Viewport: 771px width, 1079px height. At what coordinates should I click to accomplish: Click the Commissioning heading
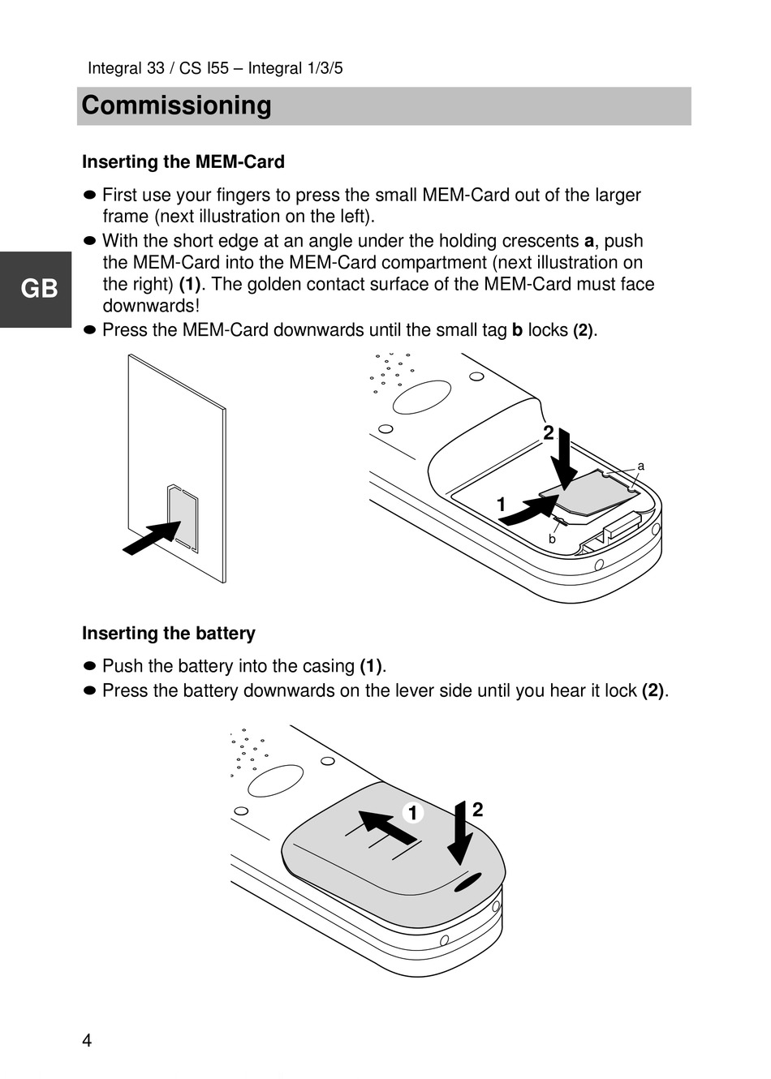(x=177, y=105)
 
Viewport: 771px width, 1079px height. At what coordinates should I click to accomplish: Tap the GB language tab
(x=38, y=289)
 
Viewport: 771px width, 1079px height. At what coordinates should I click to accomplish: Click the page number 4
(x=87, y=1041)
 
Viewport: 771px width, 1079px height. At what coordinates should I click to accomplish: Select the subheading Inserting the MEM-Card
(x=183, y=162)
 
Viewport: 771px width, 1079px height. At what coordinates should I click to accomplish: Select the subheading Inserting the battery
(x=169, y=634)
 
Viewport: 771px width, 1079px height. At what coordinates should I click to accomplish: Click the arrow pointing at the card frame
(x=152, y=537)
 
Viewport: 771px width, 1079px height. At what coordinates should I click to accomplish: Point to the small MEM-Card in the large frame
(x=183, y=519)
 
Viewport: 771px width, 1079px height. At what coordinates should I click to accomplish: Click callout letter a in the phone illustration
(x=640, y=466)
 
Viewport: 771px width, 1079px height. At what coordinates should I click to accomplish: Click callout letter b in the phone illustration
(x=552, y=539)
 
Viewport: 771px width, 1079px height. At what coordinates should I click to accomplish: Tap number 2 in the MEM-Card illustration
(x=549, y=433)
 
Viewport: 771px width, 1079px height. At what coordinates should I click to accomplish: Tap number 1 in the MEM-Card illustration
(x=501, y=505)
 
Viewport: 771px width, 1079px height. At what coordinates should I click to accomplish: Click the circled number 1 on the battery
(x=412, y=813)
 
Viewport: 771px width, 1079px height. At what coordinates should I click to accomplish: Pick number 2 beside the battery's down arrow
(x=477, y=810)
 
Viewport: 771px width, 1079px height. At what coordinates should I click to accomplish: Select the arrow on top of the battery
(x=386, y=826)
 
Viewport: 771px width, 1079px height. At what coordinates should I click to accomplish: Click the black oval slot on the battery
(x=468, y=882)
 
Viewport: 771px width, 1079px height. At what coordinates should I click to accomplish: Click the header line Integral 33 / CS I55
(x=215, y=68)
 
